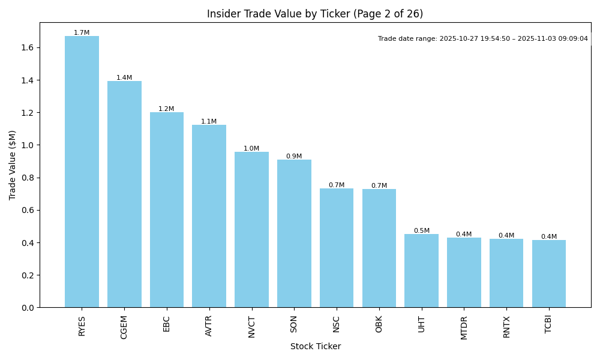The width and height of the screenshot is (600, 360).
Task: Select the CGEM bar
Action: (124, 194)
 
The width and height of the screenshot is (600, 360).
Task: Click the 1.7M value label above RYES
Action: (82, 33)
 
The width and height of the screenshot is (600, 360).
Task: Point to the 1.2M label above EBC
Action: (166, 109)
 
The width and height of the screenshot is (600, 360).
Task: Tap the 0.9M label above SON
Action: (294, 157)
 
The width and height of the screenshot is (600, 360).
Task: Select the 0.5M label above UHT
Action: (421, 231)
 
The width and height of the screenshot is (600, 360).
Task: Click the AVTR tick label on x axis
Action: (209, 326)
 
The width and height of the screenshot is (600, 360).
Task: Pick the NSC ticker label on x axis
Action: (336, 324)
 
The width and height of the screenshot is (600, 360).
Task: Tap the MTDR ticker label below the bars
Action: (464, 327)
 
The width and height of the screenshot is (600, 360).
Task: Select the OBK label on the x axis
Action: (379, 324)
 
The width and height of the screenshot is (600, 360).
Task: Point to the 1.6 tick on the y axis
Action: (28, 48)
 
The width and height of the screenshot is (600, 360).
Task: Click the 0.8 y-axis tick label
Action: (28, 178)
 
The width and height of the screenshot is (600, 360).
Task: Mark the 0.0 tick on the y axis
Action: (28, 308)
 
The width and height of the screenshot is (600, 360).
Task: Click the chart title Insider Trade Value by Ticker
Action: (315, 14)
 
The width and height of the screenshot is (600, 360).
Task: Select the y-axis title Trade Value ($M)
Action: (13, 165)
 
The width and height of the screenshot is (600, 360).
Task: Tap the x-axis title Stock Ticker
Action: (316, 347)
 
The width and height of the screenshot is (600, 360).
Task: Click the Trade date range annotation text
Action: (482, 39)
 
